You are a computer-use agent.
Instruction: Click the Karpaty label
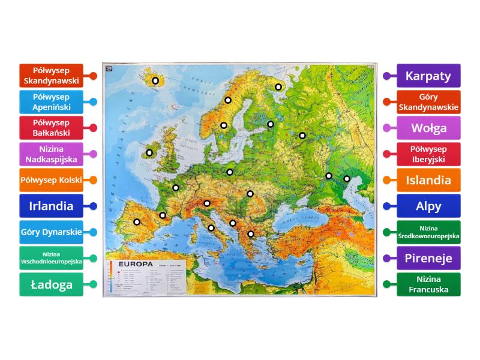coord(428,76)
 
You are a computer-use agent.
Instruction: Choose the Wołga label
coord(428,128)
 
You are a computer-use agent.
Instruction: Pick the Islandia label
coord(428,180)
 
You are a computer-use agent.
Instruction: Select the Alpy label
coord(428,206)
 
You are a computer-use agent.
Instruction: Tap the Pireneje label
coord(428,259)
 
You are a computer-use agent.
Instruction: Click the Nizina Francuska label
coord(428,284)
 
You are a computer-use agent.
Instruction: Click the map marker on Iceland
coord(155,80)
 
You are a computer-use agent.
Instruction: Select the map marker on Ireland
coord(149,152)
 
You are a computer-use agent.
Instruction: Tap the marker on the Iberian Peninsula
coord(137,222)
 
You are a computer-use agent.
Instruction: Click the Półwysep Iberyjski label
coord(428,154)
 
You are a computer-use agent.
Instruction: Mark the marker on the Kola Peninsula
coord(278,87)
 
